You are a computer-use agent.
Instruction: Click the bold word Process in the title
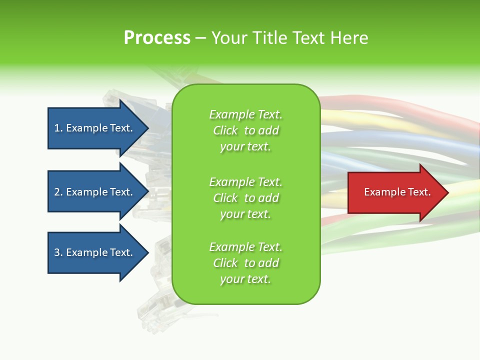pos(157,37)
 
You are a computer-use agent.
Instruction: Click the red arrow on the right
pos(395,192)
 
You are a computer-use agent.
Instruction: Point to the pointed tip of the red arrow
pos(447,192)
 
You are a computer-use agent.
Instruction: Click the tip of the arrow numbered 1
pos(148,128)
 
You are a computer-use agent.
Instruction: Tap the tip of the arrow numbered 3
pos(148,252)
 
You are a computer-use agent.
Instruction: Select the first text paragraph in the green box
pos(245,130)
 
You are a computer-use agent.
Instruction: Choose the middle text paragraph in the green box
pos(245,198)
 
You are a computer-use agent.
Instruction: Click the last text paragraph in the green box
pos(245,263)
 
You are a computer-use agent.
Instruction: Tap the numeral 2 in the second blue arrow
pos(57,192)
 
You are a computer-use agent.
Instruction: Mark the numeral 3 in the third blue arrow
pos(57,252)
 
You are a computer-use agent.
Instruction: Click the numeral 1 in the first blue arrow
pos(57,128)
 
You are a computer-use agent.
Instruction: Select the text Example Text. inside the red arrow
pos(397,192)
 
